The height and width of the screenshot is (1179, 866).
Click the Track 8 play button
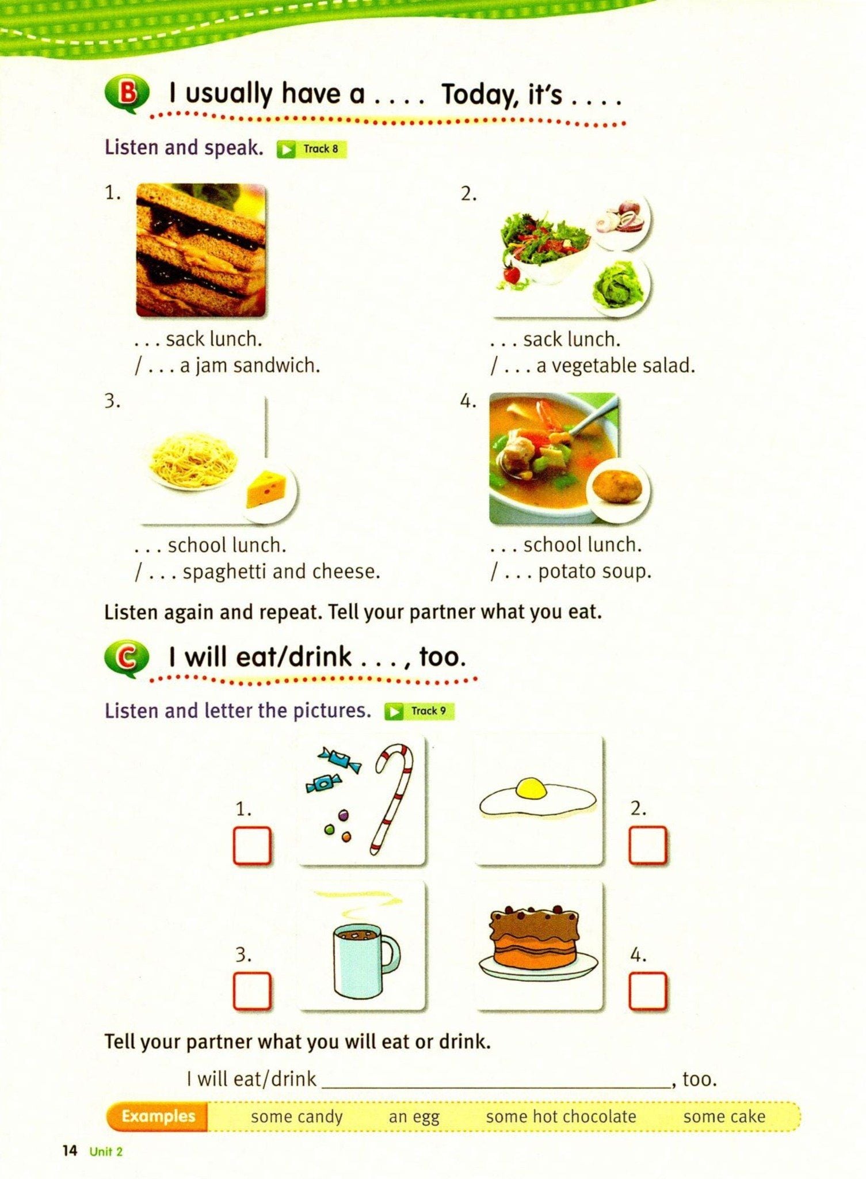pyautogui.click(x=285, y=150)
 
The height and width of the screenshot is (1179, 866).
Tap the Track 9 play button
pyautogui.click(x=394, y=712)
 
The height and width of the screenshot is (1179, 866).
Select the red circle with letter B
pyautogui.click(x=128, y=93)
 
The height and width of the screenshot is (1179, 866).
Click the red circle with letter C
pyautogui.click(x=127, y=658)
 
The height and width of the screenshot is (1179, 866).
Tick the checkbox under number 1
pyautogui.click(x=252, y=846)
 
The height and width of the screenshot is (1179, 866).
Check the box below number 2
pyautogui.click(x=648, y=845)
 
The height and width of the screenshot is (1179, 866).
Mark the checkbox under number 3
pyautogui.click(x=252, y=991)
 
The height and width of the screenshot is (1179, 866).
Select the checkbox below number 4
pyautogui.click(x=648, y=991)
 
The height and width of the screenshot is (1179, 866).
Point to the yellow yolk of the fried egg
pyautogui.click(x=531, y=788)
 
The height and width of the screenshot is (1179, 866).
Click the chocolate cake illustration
pyautogui.click(x=538, y=942)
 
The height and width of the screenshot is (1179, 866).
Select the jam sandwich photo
pyautogui.click(x=201, y=250)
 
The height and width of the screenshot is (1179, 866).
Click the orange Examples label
pyautogui.click(x=158, y=1116)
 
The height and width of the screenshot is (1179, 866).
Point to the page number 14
pyautogui.click(x=70, y=1151)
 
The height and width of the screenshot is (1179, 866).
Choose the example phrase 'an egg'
pyautogui.click(x=414, y=1117)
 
